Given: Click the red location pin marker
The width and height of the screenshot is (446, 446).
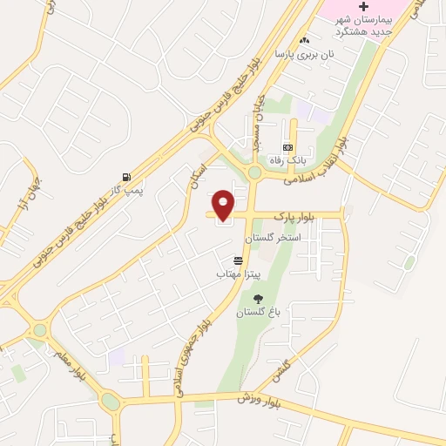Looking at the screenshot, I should [223, 204].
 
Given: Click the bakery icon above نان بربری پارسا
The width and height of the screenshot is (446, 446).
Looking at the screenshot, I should [304, 40].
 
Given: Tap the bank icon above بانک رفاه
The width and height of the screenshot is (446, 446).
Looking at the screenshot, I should [287, 147].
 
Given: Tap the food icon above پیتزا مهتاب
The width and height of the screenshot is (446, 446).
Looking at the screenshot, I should [238, 260].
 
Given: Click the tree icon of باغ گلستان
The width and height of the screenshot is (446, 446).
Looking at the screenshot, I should [258, 299].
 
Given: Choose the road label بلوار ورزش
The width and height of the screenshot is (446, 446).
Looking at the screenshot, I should [260, 401].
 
